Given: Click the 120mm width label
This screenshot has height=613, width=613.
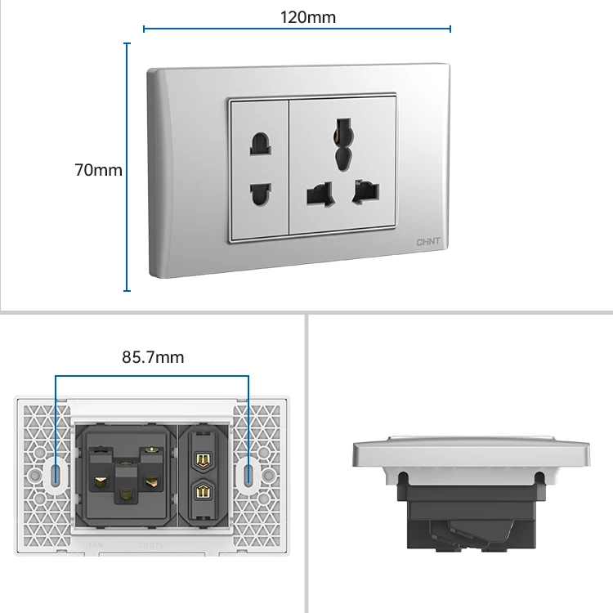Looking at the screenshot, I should point(307,16).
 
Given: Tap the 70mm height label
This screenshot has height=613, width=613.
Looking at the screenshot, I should point(98,170).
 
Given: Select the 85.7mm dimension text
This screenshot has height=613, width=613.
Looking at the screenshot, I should point(153,357).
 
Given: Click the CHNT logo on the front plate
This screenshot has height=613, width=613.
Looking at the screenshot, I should point(427,243).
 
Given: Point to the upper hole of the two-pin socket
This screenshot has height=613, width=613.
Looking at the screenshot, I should point(260,145).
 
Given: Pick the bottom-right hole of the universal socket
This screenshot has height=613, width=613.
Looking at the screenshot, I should point(365,193).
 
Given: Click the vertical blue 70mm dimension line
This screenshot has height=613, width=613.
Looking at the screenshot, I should point(127,167).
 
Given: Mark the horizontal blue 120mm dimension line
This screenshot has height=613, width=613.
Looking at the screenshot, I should point(297,29).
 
